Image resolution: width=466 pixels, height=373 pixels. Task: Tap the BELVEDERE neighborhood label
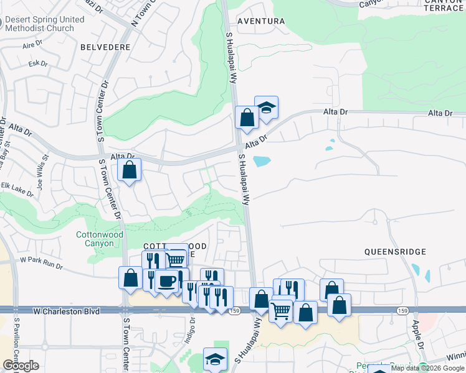tap(105, 47)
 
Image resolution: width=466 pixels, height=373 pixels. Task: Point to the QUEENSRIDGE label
tap(396, 252)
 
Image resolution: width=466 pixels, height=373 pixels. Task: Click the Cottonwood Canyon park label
tap(95, 239)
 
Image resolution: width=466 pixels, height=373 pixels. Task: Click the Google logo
tap(21, 366)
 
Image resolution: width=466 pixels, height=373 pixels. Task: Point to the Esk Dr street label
tap(38, 63)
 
